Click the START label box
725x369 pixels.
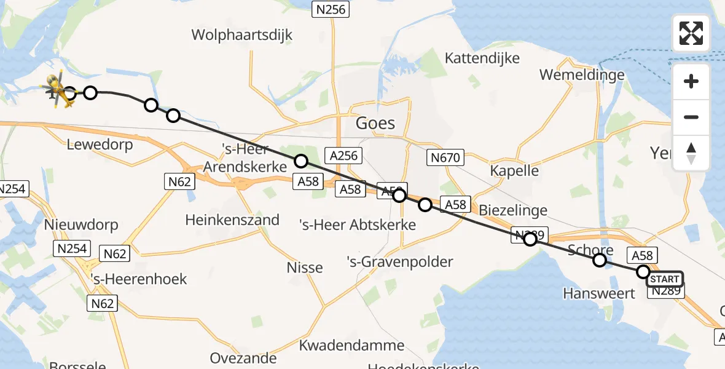(x=664, y=280)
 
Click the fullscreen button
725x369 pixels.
(x=691, y=33)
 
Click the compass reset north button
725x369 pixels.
(x=691, y=153)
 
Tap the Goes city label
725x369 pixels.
(x=375, y=123)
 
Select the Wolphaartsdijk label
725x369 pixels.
(x=242, y=34)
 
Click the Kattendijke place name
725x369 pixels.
(x=482, y=58)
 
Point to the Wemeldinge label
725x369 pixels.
(x=582, y=75)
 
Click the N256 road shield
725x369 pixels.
(x=330, y=9)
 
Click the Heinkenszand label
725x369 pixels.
(x=232, y=220)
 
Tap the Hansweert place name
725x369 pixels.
(x=599, y=293)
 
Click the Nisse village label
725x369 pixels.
(x=305, y=268)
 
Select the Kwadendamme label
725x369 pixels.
(x=351, y=345)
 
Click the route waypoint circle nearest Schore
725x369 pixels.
(x=600, y=261)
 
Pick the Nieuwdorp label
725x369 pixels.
(x=81, y=225)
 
